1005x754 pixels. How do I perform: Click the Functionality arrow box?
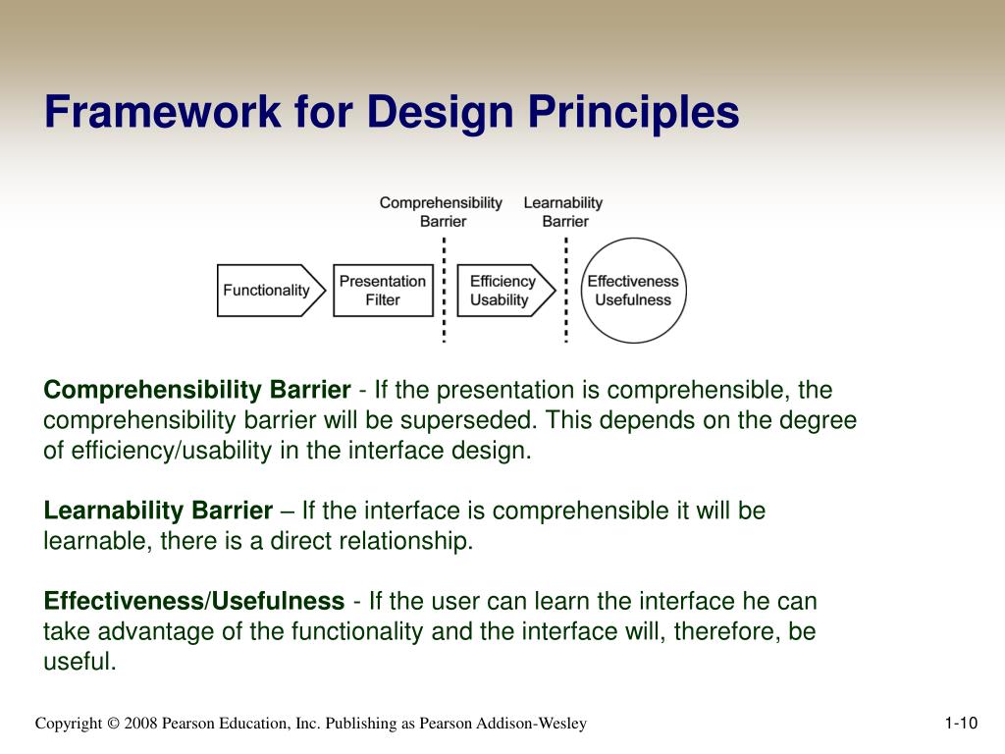click(271, 291)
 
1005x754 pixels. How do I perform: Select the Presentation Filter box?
click(384, 291)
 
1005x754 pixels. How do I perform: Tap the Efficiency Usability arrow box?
click(505, 291)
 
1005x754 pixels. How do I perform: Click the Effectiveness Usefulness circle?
click(633, 291)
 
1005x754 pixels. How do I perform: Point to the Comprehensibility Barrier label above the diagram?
click(441, 212)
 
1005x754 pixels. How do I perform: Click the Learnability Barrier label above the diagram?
click(563, 212)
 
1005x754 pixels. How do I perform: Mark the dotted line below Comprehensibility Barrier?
click(445, 290)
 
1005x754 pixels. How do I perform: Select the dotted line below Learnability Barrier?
click(566, 290)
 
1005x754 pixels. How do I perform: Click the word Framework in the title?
click(163, 112)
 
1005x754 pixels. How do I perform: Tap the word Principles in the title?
click(633, 113)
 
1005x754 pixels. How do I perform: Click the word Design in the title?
click(441, 113)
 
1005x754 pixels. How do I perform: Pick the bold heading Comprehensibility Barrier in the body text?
click(197, 390)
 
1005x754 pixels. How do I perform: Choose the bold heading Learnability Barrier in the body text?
click(158, 511)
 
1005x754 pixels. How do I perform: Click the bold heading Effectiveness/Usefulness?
click(194, 601)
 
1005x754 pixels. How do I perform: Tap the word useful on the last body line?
click(80, 661)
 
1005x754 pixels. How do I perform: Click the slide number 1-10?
click(961, 724)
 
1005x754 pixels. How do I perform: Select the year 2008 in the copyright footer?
click(140, 724)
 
